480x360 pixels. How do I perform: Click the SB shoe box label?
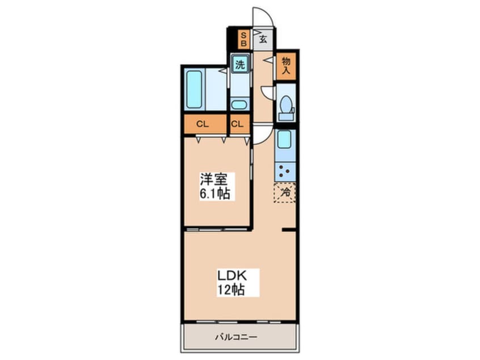pos(243,39)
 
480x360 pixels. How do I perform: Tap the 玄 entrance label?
pos(264,39)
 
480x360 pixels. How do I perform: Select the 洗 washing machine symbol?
pos(241,64)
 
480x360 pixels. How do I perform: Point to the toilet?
pos(286,106)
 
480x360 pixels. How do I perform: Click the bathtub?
pos(195,89)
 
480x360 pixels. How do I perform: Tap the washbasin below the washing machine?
pos(239,104)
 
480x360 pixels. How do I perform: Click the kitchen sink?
pos(284,139)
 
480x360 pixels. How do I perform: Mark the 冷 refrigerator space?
pos(285,192)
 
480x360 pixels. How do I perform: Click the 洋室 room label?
pos(213,181)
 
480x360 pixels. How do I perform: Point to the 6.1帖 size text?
pos(214,193)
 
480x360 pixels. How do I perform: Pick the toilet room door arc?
pos(267,92)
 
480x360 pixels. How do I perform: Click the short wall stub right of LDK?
pos(289,229)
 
